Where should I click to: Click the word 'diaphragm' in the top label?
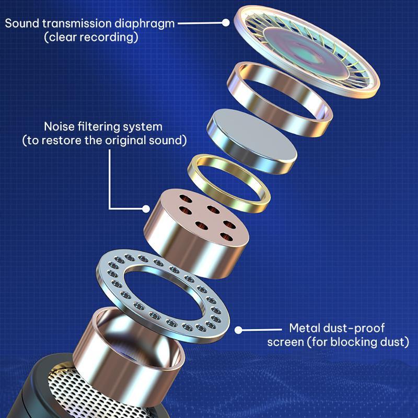pos(145,24)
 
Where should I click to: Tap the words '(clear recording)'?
pos(91,37)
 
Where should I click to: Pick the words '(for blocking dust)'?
pos(358,342)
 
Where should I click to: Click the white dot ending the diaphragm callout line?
pos(226,22)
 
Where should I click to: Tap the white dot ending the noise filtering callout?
pos(146,208)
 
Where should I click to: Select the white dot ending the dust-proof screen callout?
pos(238,330)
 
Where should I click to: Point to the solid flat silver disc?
pos(252,141)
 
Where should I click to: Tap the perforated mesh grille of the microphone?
pos(88,394)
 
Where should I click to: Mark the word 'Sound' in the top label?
pos(22,24)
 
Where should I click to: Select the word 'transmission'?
pos(77,24)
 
